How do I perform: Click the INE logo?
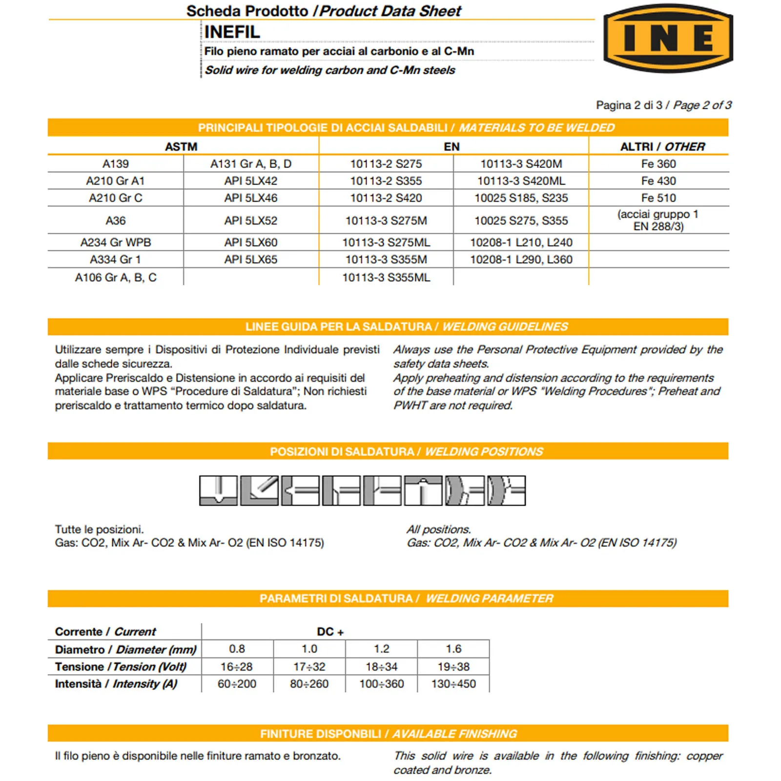pyautogui.click(x=668, y=38)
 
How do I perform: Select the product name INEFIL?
pyautogui.click(x=232, y=32)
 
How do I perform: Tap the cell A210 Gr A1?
pyautogui.click(x=116, y=181)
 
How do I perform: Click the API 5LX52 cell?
pyautogui.click(x=251, y=221)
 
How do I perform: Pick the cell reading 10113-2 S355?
pyautogui.click(x=386, y=181)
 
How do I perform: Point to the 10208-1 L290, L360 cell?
pyautogui.click(x=521, y=260)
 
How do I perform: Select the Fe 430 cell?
pyautogui.click(x=658, y=181)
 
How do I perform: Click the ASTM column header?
pyautogui.click(x=181, y=146)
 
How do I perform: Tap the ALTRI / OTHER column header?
pyautogui.click(x=662, y=146)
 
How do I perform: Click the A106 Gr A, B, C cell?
pyautogui.click(x=116, y=278)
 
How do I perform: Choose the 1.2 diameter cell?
pyautogui.click(x=381, y=649)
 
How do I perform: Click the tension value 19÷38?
pyautogui.click(x=453, y=666)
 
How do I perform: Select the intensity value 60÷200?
pyautogui.click(x=237, y=684)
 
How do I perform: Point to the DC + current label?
pyautogui.click(x=330, y=632)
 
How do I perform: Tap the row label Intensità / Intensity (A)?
pyautogui.click(x=116, y=684)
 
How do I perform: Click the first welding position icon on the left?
pyautogui.click(x=218, y=491)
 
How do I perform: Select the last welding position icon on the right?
pyautogui.click(x=506, y=491)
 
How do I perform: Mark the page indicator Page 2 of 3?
pyautogui.click(x=702, y=105)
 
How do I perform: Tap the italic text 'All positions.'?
pyautogui.click(x=438, y=529)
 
